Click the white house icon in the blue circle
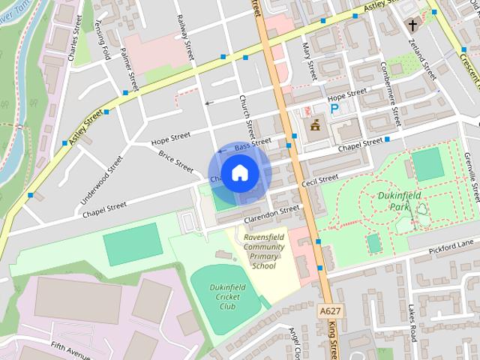click(239, 173)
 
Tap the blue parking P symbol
click(334, 109)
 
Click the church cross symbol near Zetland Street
click(412, 25)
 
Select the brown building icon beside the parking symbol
click(314, 124)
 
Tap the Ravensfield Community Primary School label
click(263, 251)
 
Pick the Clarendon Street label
click(271, 214)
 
